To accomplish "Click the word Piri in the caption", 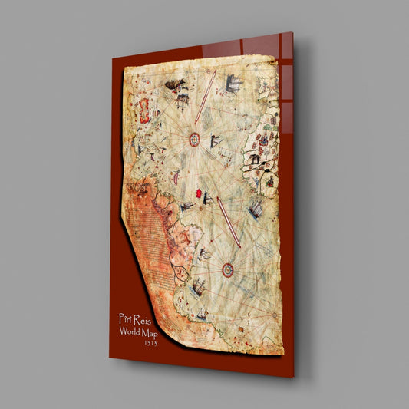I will tap(126, 318).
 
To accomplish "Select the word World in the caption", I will tap(132, 331).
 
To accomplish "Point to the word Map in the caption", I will tap(158, 333).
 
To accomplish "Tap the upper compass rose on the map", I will tap(194, 139).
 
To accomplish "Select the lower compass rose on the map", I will tap(228, 269).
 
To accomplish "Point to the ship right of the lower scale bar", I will tap(256, 208).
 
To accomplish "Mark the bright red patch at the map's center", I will tap(205, 198).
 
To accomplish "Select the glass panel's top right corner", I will tap(292, 33).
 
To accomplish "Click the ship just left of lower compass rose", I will tap(198, 288).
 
